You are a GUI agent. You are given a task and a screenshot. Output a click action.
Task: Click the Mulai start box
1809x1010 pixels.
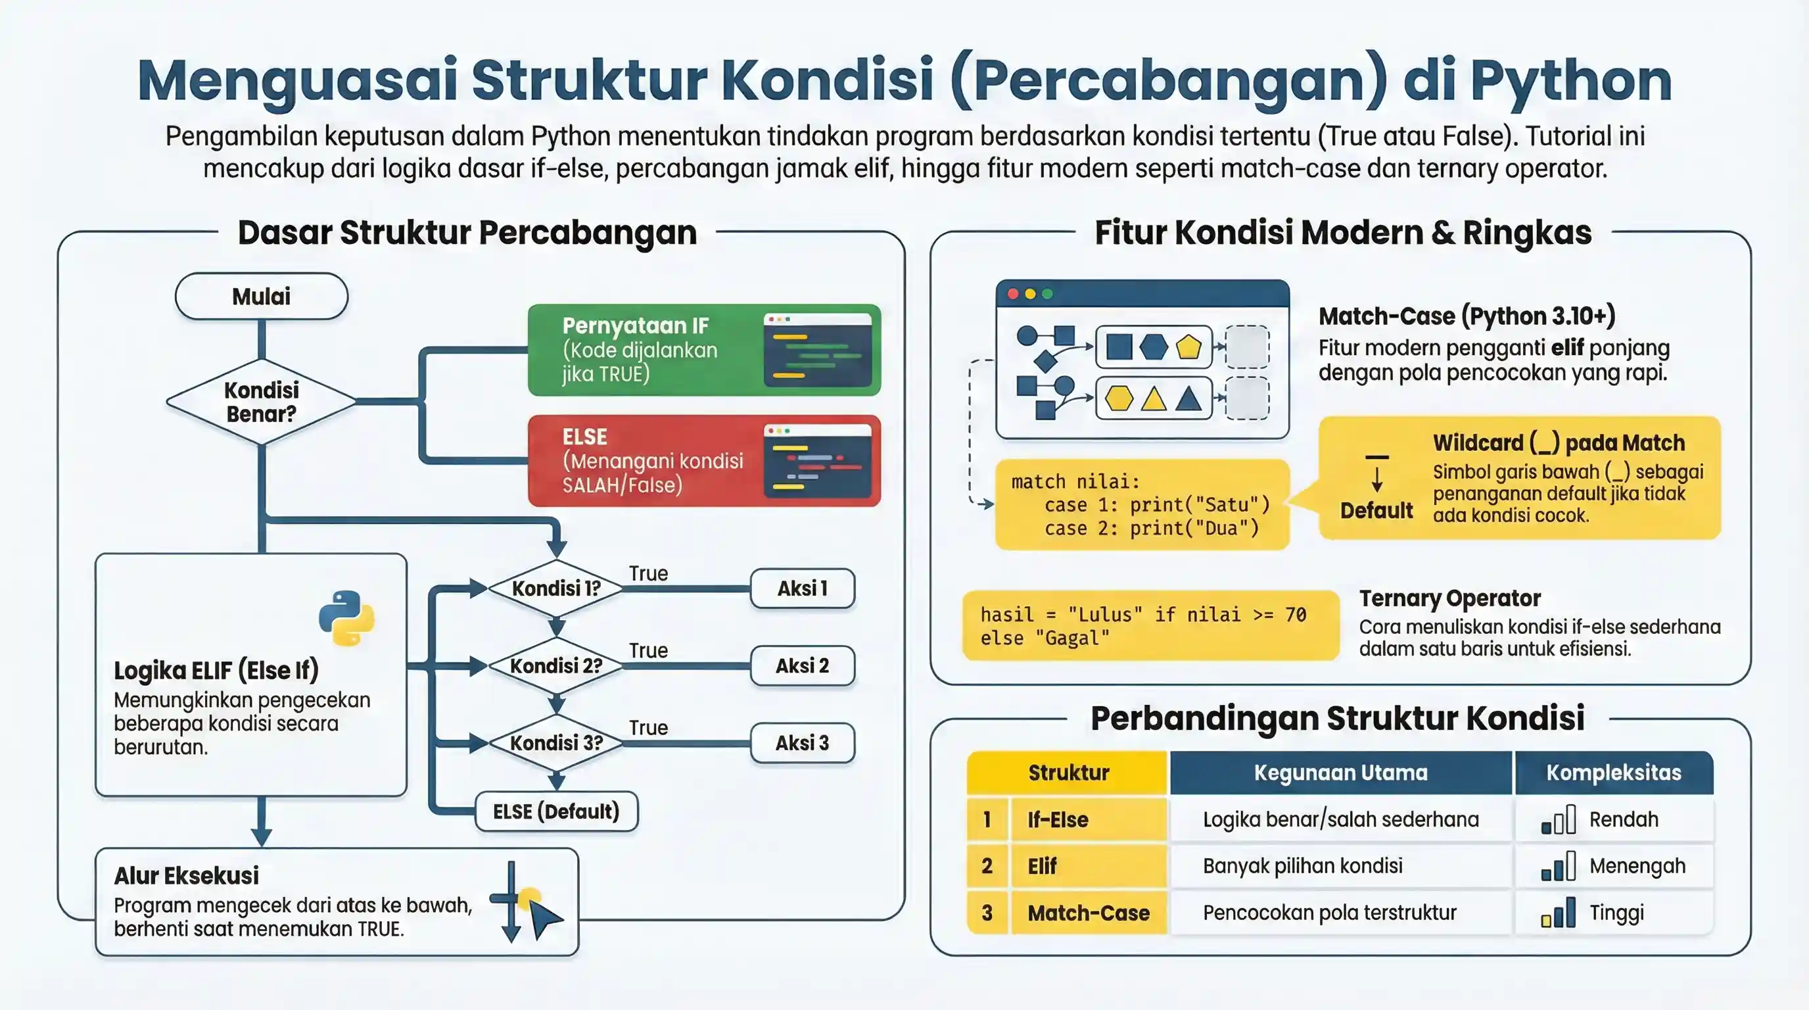pos(261,297)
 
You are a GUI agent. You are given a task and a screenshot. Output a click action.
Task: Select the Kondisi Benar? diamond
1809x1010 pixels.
pos(261,402)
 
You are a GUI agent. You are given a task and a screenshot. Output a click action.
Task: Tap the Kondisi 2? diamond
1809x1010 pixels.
pos(556,665)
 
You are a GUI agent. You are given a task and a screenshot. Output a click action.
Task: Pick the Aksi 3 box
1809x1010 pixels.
pos(802,742)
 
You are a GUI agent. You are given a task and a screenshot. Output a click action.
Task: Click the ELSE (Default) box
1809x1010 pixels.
pos(556,811)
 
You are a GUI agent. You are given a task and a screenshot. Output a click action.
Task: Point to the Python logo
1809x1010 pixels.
pos(346,618)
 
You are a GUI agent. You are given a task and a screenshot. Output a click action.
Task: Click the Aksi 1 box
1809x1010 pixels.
pos(802,588)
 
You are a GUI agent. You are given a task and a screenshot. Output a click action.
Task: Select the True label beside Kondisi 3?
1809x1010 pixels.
pos(648,728)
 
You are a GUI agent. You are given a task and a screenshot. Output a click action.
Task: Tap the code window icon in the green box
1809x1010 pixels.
pos(818,350)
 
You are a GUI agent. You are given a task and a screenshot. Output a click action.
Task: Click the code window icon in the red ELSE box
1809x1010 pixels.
pos(818,461)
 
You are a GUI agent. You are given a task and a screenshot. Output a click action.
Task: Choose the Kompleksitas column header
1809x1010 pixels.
pos(1613,773)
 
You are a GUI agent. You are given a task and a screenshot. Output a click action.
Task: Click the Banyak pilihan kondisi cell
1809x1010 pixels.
pos(1303,866)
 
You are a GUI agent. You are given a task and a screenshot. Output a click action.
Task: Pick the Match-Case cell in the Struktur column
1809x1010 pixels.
pos(1089,913)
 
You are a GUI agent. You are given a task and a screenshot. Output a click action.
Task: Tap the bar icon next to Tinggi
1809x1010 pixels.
pos(1558,913)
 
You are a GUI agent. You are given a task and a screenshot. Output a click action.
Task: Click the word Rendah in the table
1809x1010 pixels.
pos(1624,820)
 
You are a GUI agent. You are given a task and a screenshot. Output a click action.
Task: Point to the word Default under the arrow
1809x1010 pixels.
pos(1376,511)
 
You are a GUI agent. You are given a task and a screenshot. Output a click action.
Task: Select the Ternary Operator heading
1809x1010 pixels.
pos(1449,598)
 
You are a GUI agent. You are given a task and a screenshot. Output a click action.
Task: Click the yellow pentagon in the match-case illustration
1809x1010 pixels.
pos(1188,347)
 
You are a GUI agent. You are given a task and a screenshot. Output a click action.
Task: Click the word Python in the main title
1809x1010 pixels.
pos(1570,81)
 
